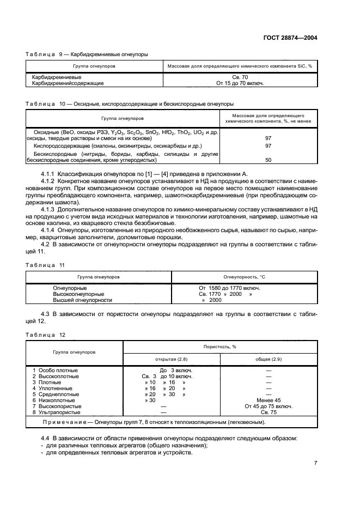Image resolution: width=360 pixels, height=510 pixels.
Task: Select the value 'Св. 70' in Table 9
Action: tap(240, 77)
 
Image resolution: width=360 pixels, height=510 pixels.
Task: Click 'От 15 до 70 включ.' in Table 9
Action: tap(240, 83)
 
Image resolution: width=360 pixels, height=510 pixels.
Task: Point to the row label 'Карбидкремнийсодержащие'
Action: tap(68, 83)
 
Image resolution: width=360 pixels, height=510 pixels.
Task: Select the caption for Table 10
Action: tap(130, 103)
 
